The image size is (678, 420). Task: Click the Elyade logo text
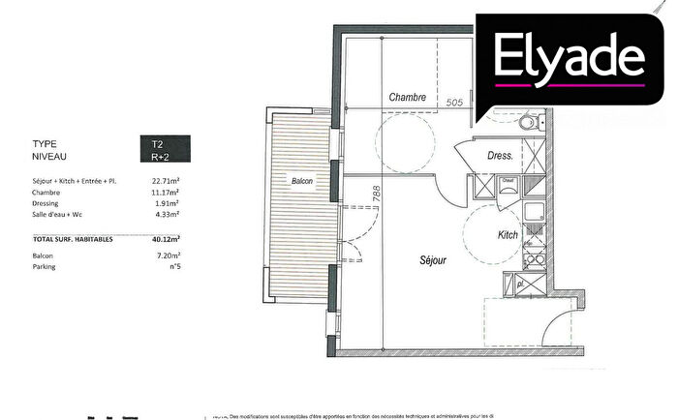point(569,57)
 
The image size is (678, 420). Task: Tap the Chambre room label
point(409,98)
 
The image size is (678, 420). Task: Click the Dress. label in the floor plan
point(500,155)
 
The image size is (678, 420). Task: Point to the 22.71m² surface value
point(168,180)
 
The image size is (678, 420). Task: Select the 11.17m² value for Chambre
point(168,192)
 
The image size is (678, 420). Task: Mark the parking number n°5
point(175,267)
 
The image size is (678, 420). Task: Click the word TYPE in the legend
point(45,143)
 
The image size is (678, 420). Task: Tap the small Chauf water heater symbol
point(506,179)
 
